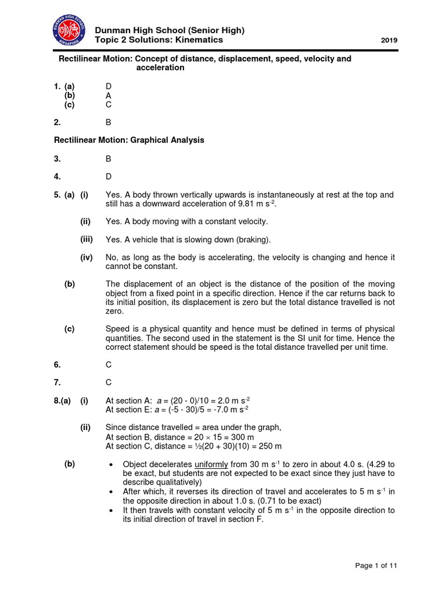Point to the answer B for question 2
click(108, 123)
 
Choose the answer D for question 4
click(108, 176)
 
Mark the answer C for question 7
click(108, 382)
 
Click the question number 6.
click(57, 364)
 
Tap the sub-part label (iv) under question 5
click(87, 257)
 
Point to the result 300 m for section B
click(242, 437)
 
